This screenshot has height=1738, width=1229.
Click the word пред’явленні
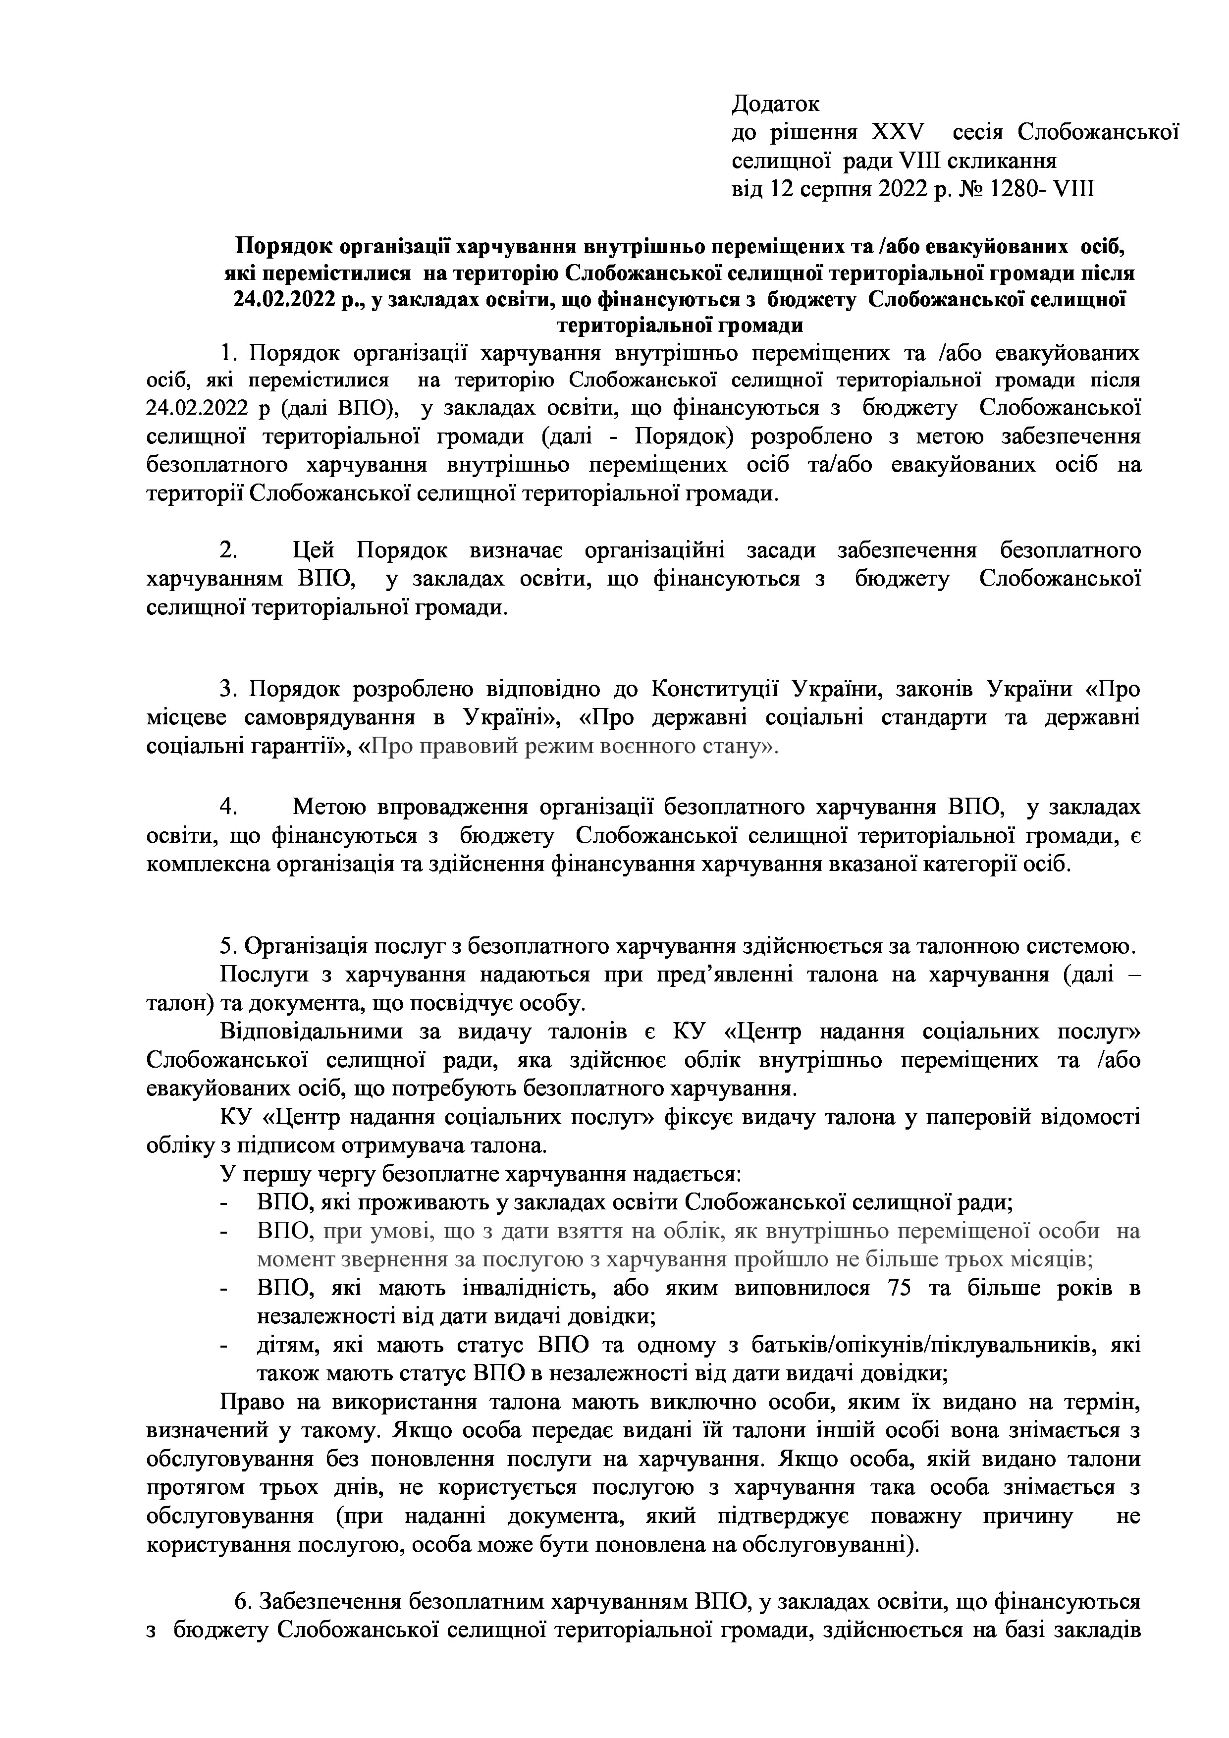tap(725, 974)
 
